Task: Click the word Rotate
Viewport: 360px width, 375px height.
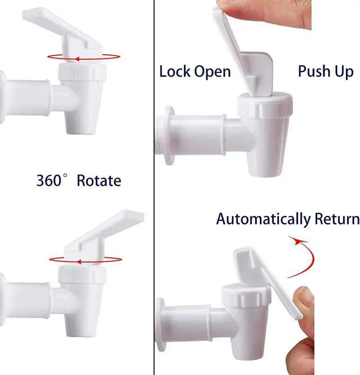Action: pyautogui.click(x=99, y=180)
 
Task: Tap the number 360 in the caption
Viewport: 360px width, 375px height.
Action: pyautogui.click(x=49, y=180)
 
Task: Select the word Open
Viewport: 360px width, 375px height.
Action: pyautogui.click(x=212, y=72)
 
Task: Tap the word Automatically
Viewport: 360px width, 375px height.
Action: pyautogui.click(x=263, y=219)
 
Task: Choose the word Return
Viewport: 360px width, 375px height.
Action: pyautogui.click(x=337, y=219)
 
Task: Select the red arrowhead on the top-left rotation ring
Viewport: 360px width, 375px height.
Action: pyautogui.click(x=77, y=59)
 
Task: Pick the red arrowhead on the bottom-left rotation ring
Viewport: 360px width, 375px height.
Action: pyautogui.click(x=79, y=262)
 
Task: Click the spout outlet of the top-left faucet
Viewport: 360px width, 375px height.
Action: pyautogui.click(x=82, y=130)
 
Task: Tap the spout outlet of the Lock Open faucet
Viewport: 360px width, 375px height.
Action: pyautogui.click(x=265, y=173)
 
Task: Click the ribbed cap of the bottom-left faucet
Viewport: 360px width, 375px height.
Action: pyautogui.click(x=82, y=274)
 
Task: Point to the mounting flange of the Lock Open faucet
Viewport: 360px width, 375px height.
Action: pyautogui.click(x=169, y=135)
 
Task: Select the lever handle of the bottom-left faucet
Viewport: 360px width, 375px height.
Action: pyautogui.click(x=103, y=237)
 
